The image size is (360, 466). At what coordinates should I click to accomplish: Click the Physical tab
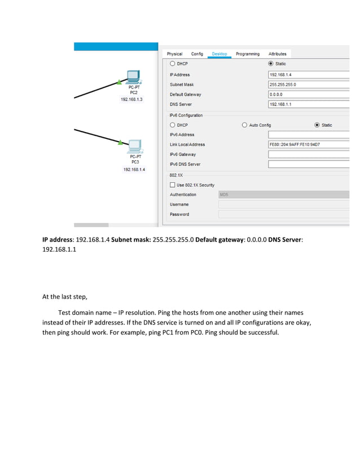point(174,54)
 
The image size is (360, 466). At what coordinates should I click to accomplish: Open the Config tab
point(197,54)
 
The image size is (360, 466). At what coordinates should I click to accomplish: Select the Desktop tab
point(219,54)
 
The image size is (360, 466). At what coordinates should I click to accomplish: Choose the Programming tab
point(248,54)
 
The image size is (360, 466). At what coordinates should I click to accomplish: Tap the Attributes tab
point(277,54)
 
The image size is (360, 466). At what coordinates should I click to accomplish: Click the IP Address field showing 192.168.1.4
point(308,74)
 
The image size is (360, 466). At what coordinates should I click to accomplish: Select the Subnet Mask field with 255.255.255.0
point(308,85)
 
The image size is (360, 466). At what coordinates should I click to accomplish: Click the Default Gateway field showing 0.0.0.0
point(308,94)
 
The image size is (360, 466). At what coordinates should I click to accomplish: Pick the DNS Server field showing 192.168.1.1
point(308,104)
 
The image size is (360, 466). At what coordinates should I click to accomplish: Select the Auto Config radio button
point(244,125)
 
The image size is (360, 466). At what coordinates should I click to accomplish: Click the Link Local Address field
point(308,144)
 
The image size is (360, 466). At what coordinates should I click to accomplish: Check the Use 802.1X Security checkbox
point(173,185)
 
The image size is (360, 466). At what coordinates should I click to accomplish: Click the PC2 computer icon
point(133,76)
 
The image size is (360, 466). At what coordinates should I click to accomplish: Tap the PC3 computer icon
point(134,147)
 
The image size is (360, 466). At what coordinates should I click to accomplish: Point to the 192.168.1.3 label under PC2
point(131,99)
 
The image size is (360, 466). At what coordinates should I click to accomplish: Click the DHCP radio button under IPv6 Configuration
point(173,125)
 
